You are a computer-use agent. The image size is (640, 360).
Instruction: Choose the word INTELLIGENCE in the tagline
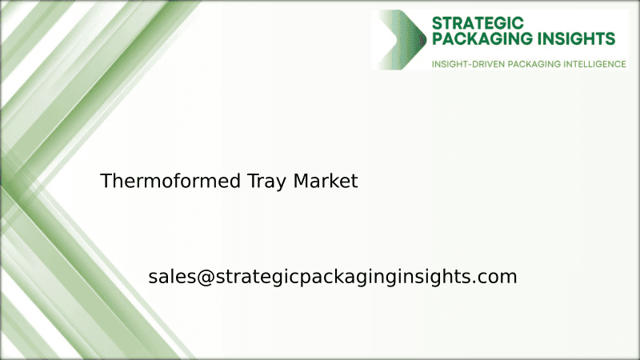pos(595,63)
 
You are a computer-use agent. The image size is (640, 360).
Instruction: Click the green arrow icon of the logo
pos(404,39)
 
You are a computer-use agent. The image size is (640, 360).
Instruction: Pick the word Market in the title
pos(326,182)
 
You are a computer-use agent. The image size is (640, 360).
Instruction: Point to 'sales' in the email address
pos(170,278)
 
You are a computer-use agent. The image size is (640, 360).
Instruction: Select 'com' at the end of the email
pos(499,278)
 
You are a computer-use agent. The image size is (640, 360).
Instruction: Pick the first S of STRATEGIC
pos(437,22)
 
